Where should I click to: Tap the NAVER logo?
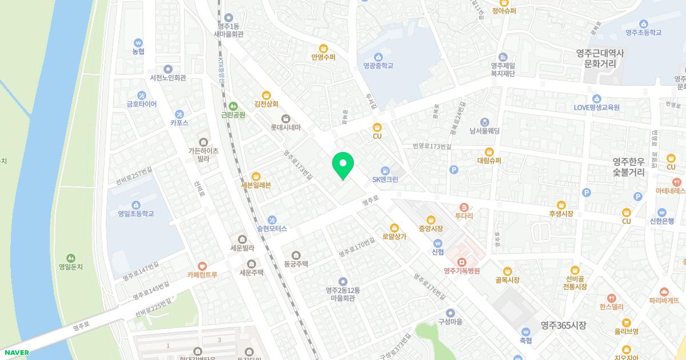(15, 352)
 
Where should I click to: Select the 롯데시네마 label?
(286, 127)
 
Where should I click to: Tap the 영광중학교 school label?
(378, 66)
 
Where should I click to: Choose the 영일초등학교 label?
(136, 214)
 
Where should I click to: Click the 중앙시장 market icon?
(430, 219)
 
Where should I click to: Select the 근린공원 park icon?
(233, 106)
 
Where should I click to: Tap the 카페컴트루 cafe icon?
(202, 265)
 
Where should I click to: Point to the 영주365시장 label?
(564, 325)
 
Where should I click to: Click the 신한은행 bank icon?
(662, 212)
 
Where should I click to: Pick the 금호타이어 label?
(142, 104)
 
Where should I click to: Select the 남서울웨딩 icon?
(484, 122)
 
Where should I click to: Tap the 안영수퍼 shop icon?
(323, 48)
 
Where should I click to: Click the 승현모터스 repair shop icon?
(272, 219)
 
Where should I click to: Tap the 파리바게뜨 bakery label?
(664, 299)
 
